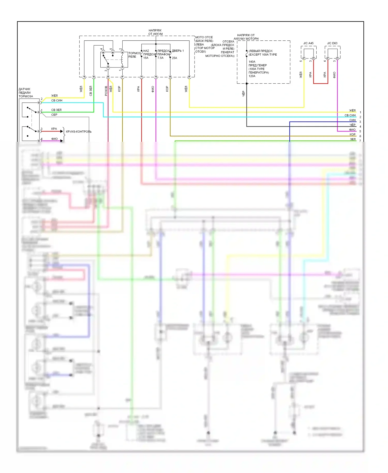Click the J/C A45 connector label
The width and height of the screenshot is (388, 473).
[308, 43]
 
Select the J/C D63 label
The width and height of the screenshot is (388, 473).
[332, 43]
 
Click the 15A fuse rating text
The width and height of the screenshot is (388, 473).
[146, 58]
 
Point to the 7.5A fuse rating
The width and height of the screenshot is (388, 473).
[160, 58]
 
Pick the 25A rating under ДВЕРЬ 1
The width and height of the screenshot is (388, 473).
[175, 58]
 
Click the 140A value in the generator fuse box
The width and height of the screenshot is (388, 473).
[252, 62]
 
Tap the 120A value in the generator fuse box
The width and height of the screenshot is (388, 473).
[252, 76]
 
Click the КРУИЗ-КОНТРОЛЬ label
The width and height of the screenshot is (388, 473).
[79, 132]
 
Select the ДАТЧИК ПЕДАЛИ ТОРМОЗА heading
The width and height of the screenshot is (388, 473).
[26, 93]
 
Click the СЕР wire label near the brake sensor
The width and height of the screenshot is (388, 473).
[54, 115]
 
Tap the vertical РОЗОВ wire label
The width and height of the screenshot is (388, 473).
[106, 91]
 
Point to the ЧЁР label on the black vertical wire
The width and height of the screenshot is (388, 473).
[243, 93]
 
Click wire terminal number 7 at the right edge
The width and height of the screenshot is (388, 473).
[360, 141]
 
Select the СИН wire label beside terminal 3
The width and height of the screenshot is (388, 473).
[352, 120]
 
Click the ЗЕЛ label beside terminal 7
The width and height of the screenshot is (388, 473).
[353, 139]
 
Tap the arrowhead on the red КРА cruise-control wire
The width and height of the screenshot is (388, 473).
[62, 131]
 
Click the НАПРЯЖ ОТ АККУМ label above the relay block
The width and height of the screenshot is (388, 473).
[155, 32]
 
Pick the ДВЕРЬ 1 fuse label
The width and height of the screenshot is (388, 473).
[178, 51]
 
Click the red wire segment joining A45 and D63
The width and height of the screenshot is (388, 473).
[320, 83]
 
